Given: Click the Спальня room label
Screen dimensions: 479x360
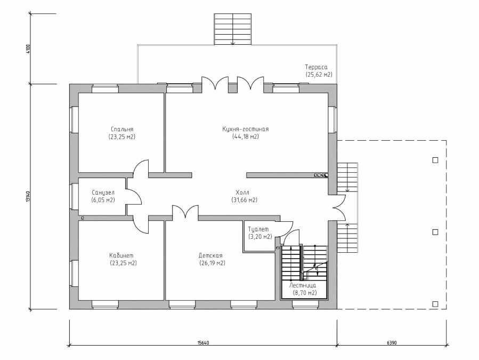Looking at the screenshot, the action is [122, 130].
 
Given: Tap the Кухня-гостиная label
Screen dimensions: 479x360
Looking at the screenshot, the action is [246, 130].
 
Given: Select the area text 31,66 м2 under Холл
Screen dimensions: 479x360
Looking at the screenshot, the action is [245, 200].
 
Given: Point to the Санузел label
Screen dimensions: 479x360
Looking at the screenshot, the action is [103, 193].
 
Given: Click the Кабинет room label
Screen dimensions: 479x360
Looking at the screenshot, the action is [121, 255].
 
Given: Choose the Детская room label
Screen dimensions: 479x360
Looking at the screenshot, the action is [210, 255].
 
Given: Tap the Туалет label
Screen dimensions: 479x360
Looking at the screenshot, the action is [258, 229].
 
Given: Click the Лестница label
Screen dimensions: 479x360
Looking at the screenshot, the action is [303, 286].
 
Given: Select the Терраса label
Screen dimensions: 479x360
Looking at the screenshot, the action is [316, 67].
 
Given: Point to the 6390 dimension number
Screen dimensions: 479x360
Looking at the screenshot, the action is [392, 343].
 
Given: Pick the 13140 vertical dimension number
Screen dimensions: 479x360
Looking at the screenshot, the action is [28, 196].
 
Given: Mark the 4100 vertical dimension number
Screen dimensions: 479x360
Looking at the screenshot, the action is [28, 49].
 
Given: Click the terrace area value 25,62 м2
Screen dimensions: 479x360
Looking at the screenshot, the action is [319, 75].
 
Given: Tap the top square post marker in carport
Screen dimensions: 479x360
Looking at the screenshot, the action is [435, 160].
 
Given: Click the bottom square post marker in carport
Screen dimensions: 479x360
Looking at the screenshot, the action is [435, 304].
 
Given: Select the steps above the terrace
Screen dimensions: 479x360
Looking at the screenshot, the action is [233, 29].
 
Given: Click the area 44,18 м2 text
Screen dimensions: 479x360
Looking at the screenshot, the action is [246, 137].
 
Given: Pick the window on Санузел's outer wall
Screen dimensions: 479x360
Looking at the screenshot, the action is [74, 196].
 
